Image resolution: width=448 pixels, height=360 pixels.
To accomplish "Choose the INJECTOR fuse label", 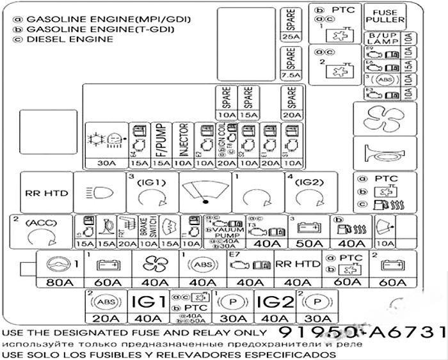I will [x=183, y=140].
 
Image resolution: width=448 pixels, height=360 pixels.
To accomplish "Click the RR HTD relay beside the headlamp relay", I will [x=45, y=192].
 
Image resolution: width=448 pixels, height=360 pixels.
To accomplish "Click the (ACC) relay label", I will [x=38, y=223].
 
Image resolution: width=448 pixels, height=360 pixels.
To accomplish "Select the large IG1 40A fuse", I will [x=148, y=306].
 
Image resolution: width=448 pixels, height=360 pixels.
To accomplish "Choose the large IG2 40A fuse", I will [x=273, y=306].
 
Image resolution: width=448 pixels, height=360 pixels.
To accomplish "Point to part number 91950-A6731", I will [x=361, y=334].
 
